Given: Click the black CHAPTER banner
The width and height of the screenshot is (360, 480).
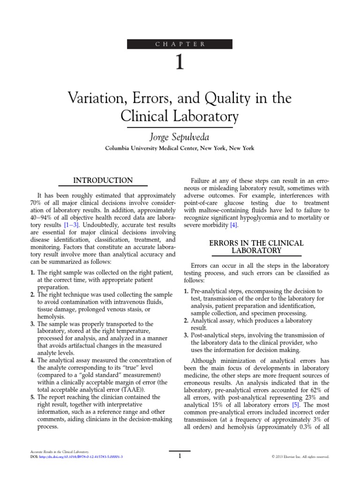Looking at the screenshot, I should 180,44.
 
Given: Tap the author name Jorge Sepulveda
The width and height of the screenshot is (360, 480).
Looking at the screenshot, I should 180,137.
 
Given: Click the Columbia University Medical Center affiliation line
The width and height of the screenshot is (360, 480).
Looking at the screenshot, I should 180,149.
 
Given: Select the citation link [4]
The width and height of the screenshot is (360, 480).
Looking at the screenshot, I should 232,225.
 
